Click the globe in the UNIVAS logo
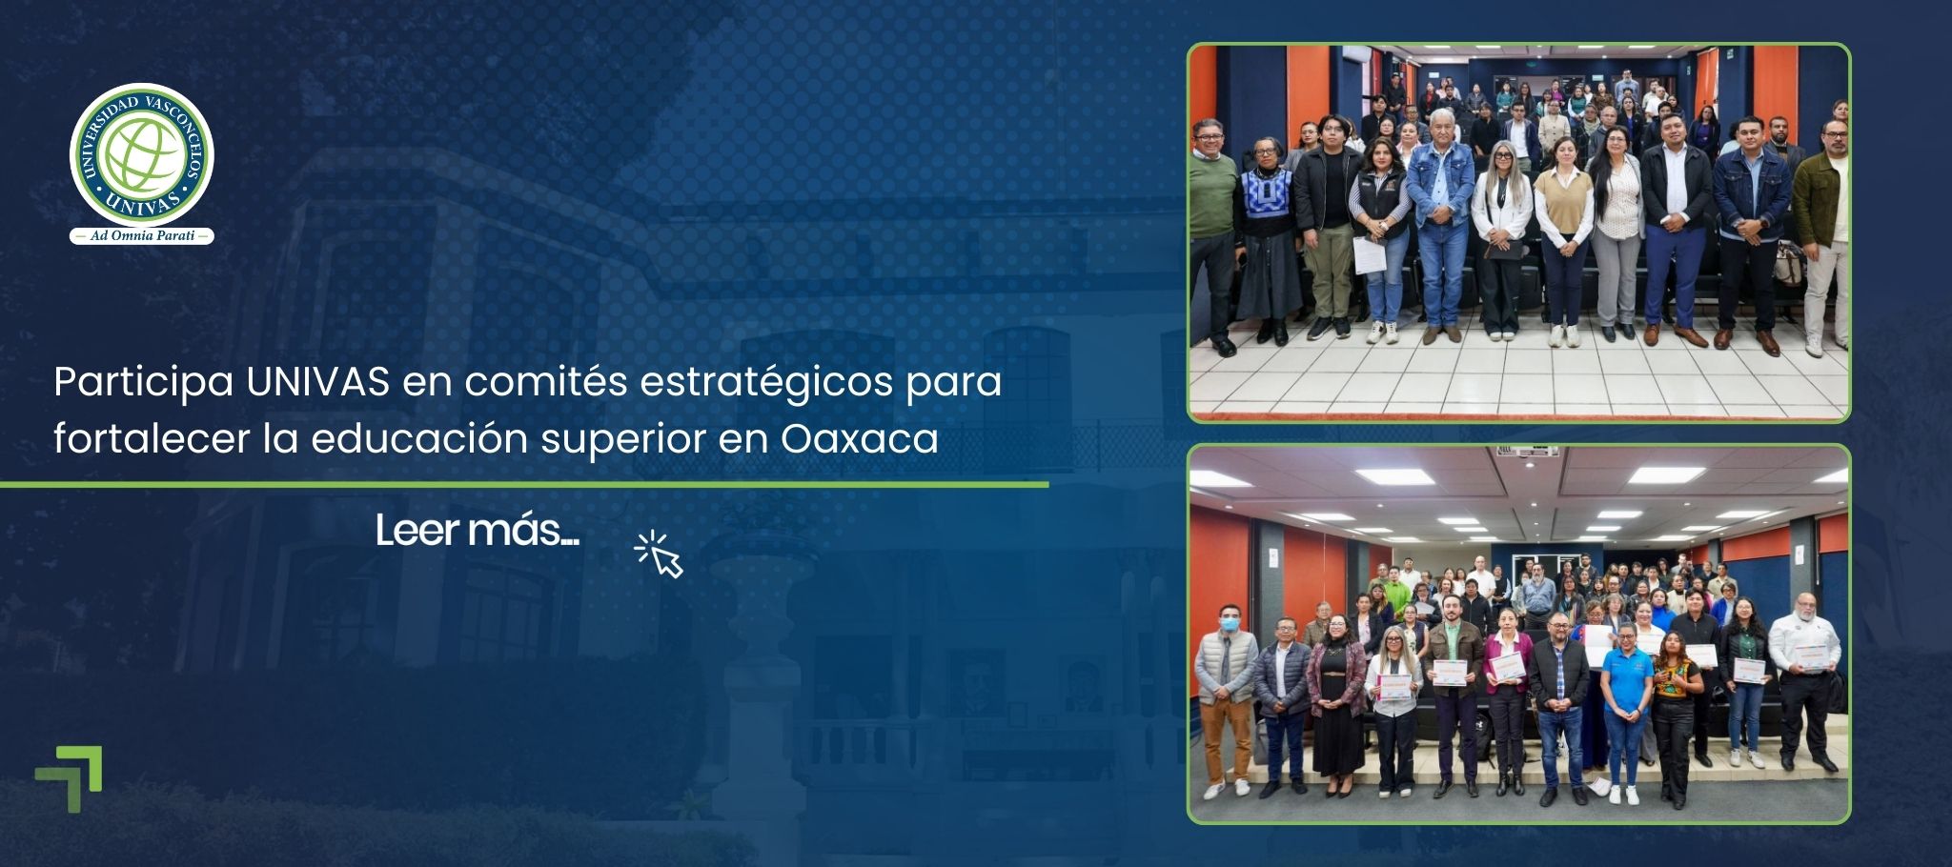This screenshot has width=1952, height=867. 142,155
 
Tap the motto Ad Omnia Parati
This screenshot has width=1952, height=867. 142,235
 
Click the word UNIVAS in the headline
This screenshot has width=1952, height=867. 317,382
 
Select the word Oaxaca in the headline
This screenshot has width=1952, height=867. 860,439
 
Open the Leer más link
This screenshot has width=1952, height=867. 477,531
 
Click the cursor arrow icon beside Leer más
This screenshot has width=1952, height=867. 660,554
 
